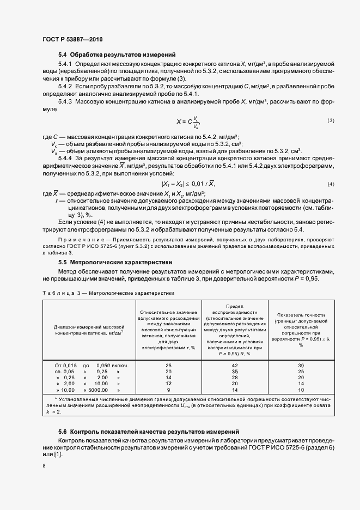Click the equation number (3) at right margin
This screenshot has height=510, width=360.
(x=331, y=120)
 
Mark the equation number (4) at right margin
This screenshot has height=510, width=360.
(x=331, y=184)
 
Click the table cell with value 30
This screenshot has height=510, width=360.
(x=300, y=366)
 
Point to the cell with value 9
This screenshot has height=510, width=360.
(x=168, y=390)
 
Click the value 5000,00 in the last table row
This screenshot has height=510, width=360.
(x=98, y=390)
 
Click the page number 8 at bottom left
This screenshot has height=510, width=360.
(x=44, y=466)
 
